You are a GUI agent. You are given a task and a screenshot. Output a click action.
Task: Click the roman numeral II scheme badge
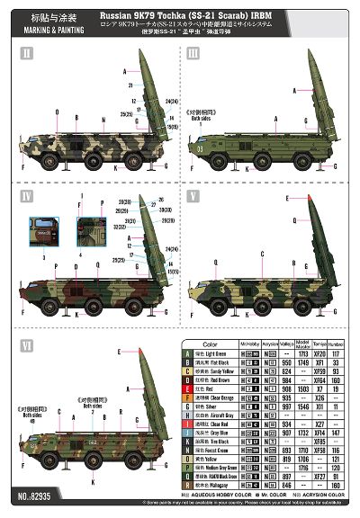[x=26, y=56]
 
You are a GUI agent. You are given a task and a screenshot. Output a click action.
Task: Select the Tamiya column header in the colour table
[x=319, y=344]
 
